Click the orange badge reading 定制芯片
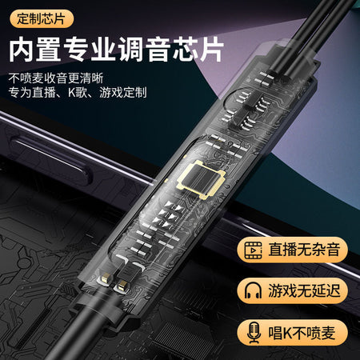(42, 18)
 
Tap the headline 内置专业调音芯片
(116, 50)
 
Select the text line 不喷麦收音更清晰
(56, 78)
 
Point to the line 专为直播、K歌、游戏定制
(78, 93)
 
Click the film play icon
(253, 250)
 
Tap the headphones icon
(253, 290)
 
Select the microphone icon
(254, 333)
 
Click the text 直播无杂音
(304, 250)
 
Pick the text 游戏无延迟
(304, 290)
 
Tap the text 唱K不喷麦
(302, 333)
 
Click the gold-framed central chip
(202, 179)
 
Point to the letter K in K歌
(72, 93)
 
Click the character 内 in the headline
(22, 50)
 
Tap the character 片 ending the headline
(211, 50)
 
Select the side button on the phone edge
(50, 159)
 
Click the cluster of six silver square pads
(169, 215)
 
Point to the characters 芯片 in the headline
(198, 50)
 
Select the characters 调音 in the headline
(143, 50)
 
